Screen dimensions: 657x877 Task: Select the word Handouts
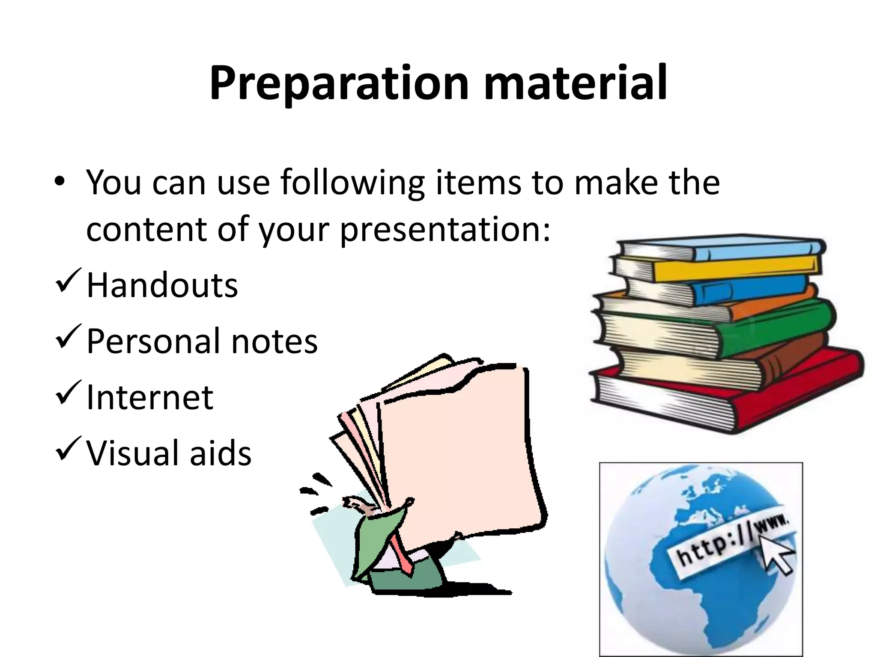click(162, 285)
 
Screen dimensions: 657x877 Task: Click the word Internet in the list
click(149, 397)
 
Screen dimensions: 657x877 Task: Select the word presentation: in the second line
click(445, 229)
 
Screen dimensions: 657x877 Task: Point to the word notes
click(274, 341)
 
